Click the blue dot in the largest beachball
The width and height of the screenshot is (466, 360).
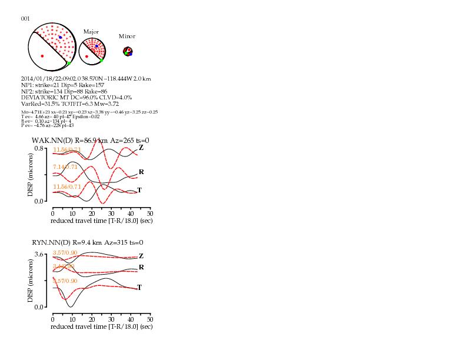[x=60, y=37]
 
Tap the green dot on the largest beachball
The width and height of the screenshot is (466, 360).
[x=69, y=63]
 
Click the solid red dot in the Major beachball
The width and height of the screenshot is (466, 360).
[x=87, y=56]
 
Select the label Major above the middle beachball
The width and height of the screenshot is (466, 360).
[x=91, y=31]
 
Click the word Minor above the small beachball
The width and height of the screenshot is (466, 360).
[x=127, y=36]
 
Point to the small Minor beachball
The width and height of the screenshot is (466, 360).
[x=128, y=52]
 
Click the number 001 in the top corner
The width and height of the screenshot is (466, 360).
[x=25, y=18]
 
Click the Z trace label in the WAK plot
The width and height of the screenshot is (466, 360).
[x=141, y=148]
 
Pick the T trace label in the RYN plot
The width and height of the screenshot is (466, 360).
[x=139, y=288]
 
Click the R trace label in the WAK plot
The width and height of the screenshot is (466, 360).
[x=141, y=172]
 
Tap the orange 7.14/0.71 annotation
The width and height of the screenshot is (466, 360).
[x=65, y=167]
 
